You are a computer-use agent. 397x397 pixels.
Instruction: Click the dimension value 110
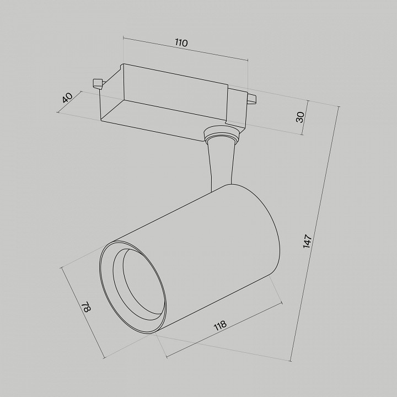(x=182, y=43)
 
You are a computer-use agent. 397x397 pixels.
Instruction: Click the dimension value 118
(x=219, y=325)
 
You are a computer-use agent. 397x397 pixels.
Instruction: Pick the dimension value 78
(x=85, y=307)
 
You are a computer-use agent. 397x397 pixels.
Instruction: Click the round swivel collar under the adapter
(x=222, y=134)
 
